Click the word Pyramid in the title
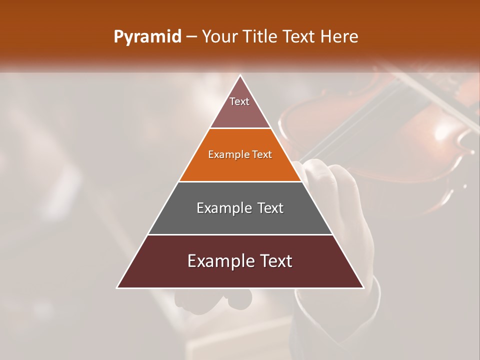coord(147,37)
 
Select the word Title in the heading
coord(262,37)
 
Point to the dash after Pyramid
coord(191,37)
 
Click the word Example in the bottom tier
coord(218,261)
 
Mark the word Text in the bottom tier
coord(275,261)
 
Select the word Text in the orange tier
coord(262,154)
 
